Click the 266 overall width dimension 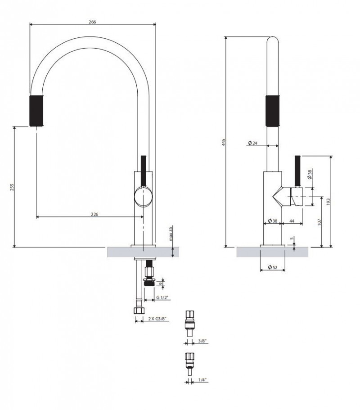(93, 21)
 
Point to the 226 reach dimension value (94, 214)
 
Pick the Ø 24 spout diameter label (252, 143)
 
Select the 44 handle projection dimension (292, 221)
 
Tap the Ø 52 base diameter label (272, 268)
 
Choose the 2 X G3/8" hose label (157, 319)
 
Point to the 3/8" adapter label (202, 342)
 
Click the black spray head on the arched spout (37, 110)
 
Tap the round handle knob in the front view (144, 197)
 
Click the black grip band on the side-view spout (273, 110)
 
